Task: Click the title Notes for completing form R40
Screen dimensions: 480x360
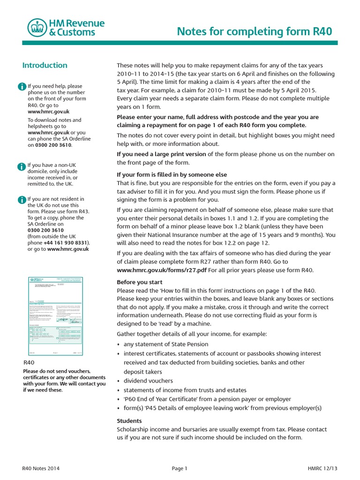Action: pos(255,31)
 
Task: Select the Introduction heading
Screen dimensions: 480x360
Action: pos(45,65)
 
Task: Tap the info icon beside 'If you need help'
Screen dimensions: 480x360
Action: pos(22,87)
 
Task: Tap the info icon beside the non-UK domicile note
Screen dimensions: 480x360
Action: pos(22,166)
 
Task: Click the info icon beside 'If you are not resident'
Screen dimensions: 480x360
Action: pos(22,200)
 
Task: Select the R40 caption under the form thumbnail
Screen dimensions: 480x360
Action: pos(30,363)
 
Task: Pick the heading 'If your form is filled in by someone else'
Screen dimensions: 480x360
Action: pos(172,175)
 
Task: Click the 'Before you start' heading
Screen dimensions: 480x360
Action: pos(139,282)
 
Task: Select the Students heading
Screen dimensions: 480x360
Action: pos(129,420)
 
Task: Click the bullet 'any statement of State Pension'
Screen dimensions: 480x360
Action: pos(166,344)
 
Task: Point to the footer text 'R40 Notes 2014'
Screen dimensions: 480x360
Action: pos(41,468)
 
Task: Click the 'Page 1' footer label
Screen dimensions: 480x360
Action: pos(180,468)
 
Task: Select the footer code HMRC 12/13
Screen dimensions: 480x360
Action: pos(319,468)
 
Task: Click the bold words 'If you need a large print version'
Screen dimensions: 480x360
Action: pos(161,154)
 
